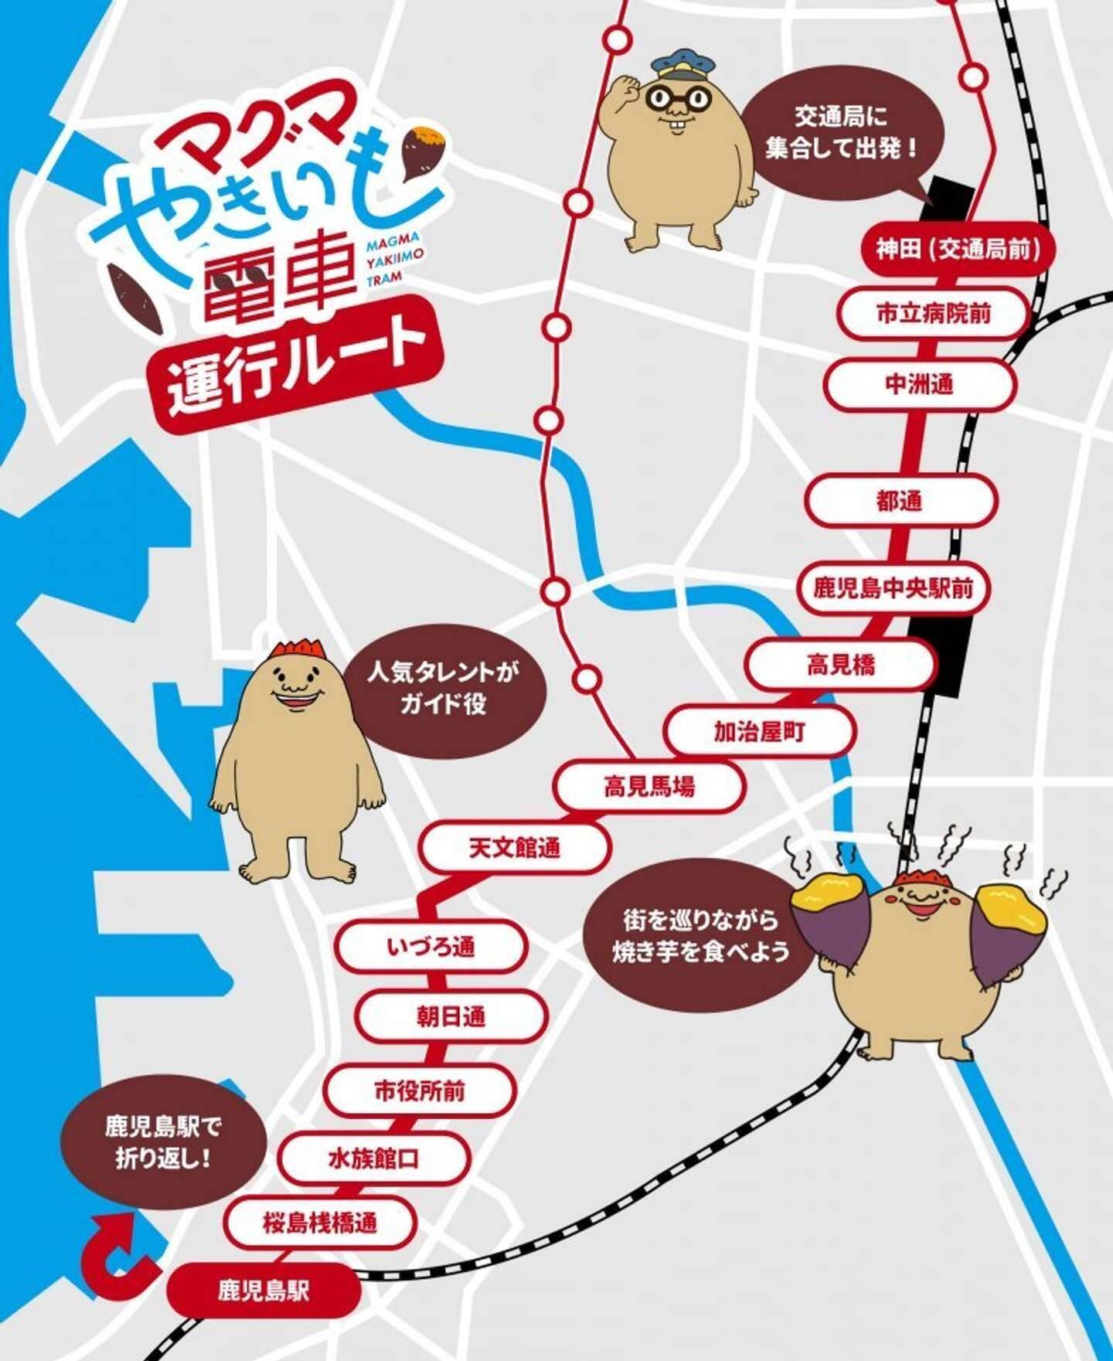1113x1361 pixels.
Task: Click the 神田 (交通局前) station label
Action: coord(957,250)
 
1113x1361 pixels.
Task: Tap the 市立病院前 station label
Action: coord(933,314)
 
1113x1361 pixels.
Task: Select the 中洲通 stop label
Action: coord(918,384)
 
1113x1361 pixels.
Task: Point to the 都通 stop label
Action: coord(900,501)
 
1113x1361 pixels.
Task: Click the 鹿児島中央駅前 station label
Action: coord(893,589)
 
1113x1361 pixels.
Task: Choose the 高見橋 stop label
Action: coord(840,664)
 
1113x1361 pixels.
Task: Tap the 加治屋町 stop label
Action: coord(759,731)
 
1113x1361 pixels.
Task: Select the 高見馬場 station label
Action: coord(649,787)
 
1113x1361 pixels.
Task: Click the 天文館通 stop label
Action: coord(514,848)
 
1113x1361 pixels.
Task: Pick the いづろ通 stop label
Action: coord(431,947)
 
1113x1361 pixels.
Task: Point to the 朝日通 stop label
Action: coord(451,1016)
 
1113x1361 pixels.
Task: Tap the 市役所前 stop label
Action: coord(420,1091)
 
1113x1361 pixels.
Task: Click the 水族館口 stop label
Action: coord(374,1159)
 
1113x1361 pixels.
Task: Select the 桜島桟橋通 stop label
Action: coord(320,1223)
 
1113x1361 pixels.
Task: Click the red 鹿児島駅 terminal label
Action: coord(264,1290)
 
